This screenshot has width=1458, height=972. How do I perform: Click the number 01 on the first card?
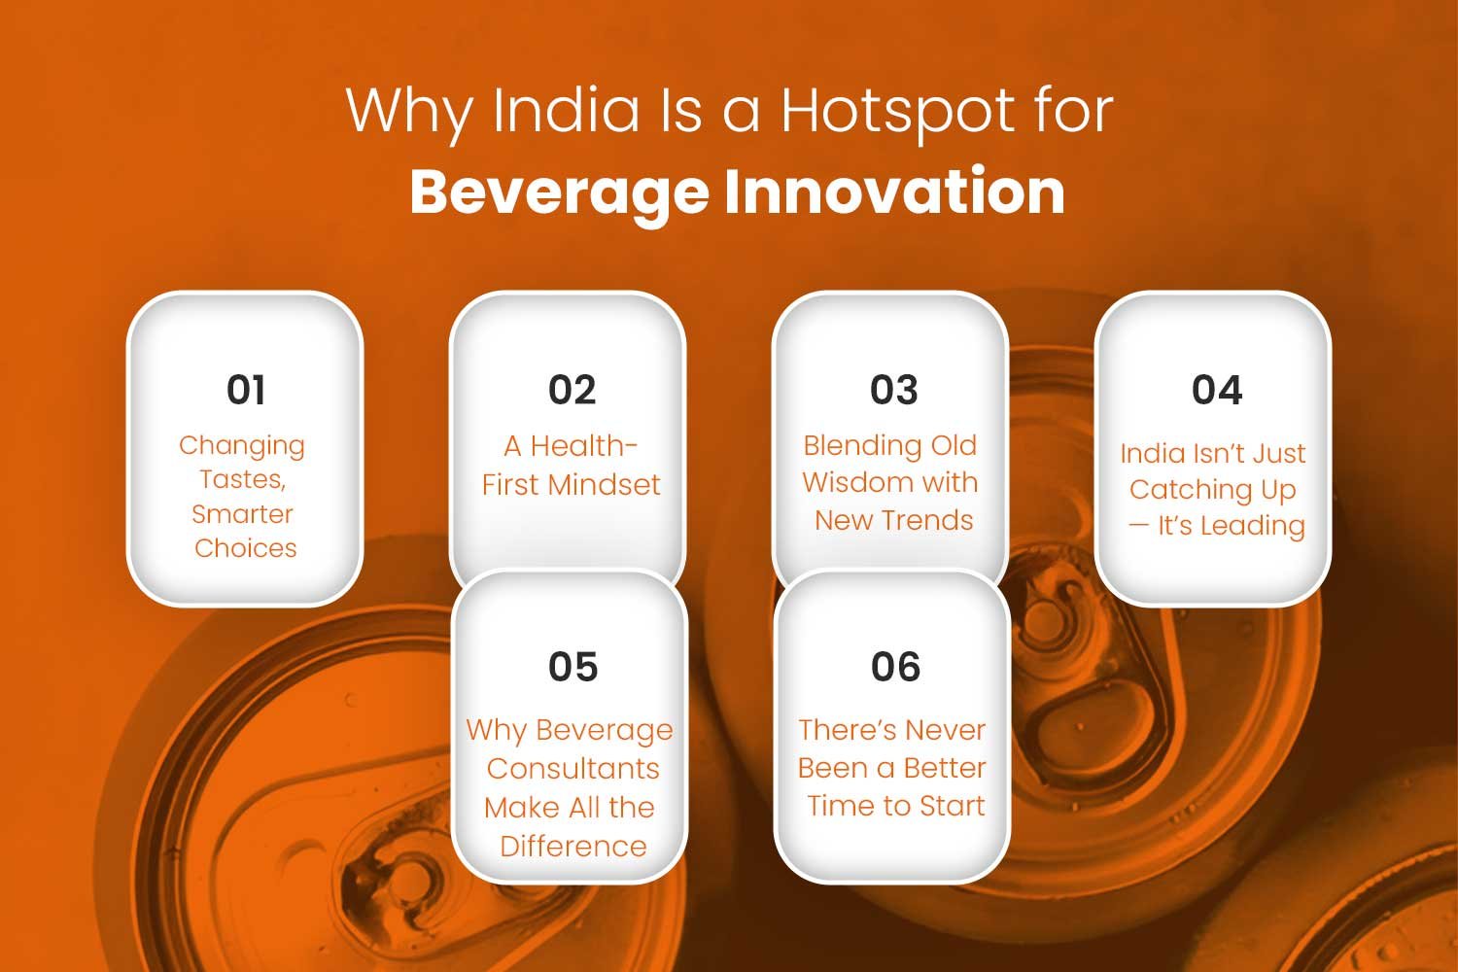[x=246, y=390]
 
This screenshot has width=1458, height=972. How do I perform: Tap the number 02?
[x=573, y=390]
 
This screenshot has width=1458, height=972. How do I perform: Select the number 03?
[x=894, y=390]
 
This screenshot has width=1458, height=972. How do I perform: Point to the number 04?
[x=1217, y=390]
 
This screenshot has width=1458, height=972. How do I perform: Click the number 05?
[x=573, y=667]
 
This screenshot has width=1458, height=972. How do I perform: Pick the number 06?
[x=895, y=667]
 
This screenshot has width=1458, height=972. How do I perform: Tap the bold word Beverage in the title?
[x=559, y=193]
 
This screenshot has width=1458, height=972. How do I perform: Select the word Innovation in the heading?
[x=895, y=191]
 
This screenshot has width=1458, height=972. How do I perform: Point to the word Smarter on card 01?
[x=242, y=514]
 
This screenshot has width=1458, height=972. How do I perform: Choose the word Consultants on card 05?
[x=573, y=769]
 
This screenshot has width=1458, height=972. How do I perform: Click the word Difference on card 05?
[x=573, y=847]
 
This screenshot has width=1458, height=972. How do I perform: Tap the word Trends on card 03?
[x=932, y=520]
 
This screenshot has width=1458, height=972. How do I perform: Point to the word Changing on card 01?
[x=242, y=446]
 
